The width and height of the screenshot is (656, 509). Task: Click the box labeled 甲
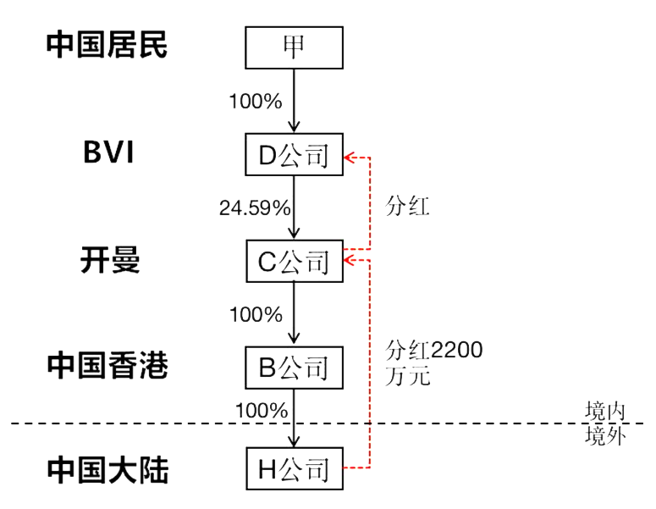point(294,47)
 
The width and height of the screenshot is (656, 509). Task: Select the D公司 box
point(294,155)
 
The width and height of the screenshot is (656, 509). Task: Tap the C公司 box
point(294,261)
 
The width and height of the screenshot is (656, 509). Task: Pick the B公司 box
point(294,368)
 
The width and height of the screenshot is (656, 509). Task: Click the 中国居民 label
point(107,45)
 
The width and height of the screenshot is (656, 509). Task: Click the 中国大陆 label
point(107,469)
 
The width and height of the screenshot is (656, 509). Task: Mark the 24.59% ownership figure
point(255,207)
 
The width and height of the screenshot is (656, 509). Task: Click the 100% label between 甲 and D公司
point(256,101)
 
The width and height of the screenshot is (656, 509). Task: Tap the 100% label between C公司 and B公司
point(256,315)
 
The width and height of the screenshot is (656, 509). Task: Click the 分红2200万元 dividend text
point(433,362)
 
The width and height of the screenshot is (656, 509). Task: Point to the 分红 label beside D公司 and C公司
point(407,207)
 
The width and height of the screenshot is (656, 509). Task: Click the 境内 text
point(605,411)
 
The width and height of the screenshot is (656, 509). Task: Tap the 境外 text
point(605,436)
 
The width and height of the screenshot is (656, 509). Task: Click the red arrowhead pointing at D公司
point(350,156)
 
